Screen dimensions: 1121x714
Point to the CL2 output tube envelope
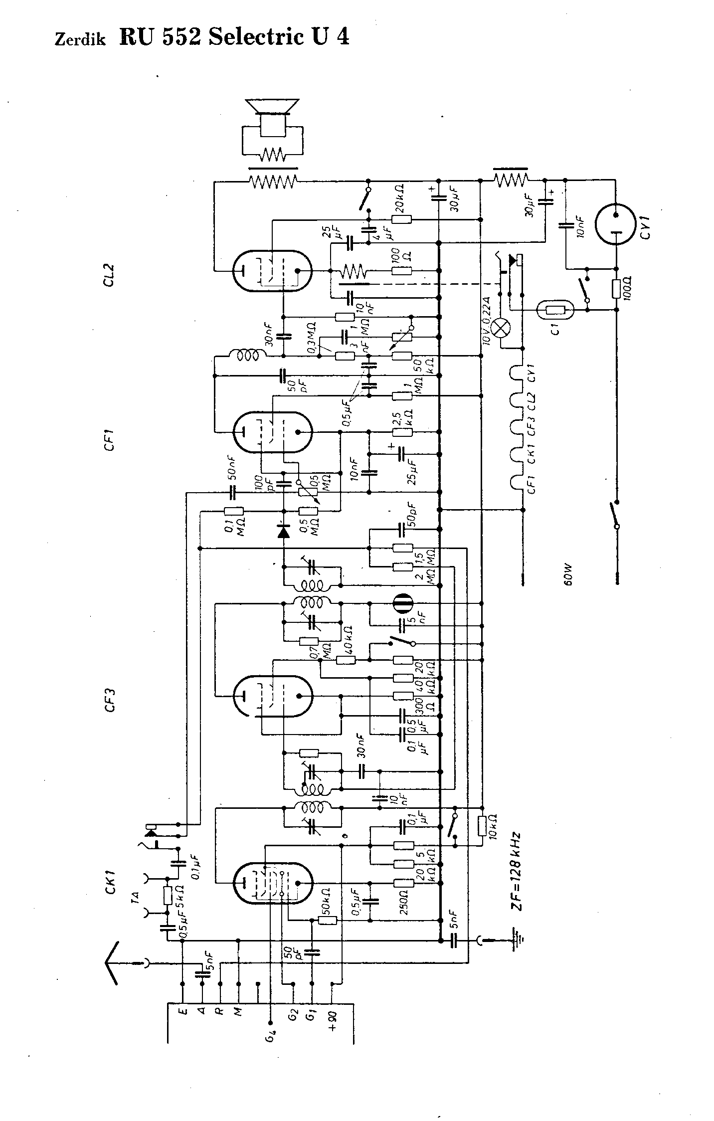(x=272, y=271)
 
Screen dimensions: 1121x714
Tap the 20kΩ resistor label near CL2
(x=400, y=198)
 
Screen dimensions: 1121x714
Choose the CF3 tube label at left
(x=110, y=699)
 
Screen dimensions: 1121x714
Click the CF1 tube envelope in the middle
(x=272, y=432)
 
